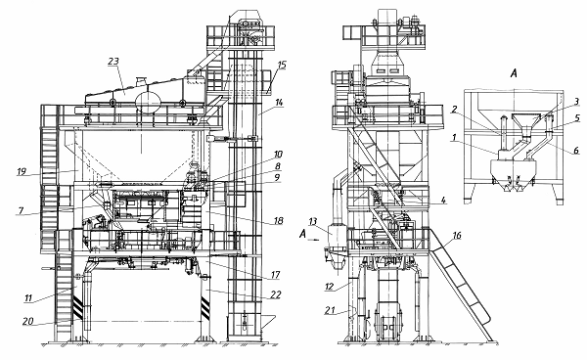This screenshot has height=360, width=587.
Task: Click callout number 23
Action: pos(113,62)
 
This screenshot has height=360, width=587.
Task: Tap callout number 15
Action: pos(282,65)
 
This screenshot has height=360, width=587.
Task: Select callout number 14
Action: pos(279,102)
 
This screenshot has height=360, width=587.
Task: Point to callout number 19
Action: pos(22,171)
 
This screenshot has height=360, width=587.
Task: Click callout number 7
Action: pos(21,210)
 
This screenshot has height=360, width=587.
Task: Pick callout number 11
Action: pos(28,298)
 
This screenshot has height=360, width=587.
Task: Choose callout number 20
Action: pos(27,321)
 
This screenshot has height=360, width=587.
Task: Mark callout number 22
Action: pos(276,294)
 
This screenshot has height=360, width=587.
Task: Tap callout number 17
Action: pos(275,275)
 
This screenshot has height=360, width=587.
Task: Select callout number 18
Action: pos(278,220)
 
